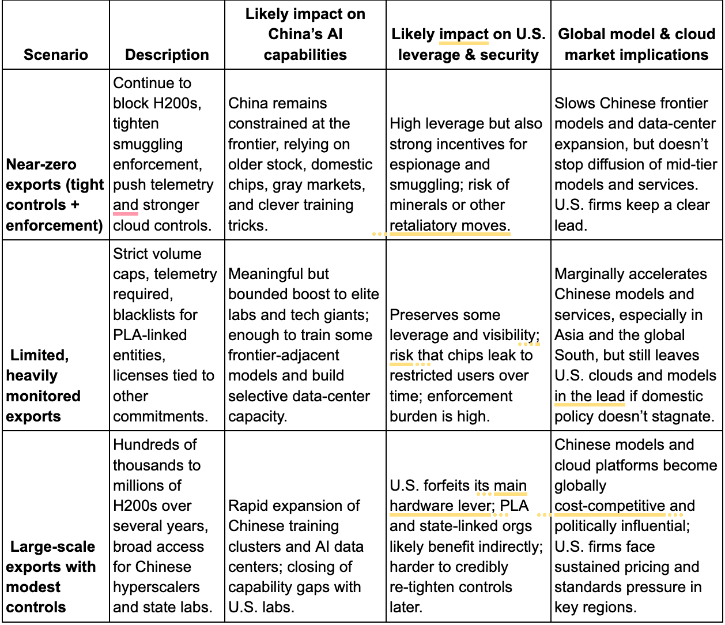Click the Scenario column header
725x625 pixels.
tap(56, 55)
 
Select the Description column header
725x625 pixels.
tap(167, 55)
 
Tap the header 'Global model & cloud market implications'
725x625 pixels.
tap(636, 44)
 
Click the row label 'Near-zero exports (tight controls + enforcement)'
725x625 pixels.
tap(55, 195)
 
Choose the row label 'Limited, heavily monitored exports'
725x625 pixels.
tap(43, 386)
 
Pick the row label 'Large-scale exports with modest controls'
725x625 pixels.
tap(51, 577)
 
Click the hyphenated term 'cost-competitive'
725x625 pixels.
tap(609, 506)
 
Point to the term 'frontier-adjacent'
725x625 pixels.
tap(284, 355)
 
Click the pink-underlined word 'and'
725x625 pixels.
tap(125, 205)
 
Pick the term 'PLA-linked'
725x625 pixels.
tap(150, 335)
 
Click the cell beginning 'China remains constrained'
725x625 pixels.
tap(300, 164)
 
